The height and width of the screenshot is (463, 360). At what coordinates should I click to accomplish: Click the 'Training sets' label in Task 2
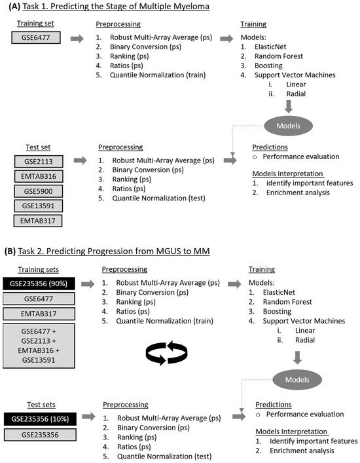coord(37,269)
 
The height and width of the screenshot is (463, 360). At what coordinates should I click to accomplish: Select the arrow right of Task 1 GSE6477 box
coord(77,39)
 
